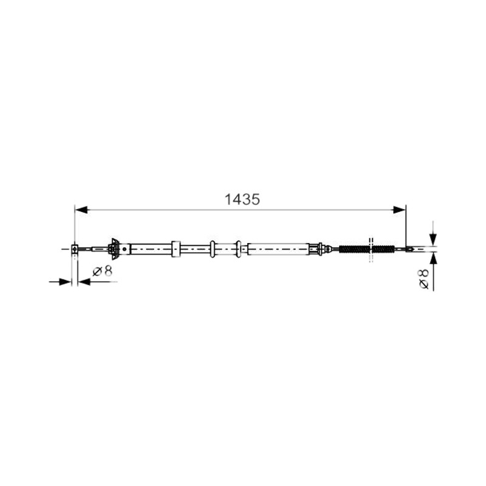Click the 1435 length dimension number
tap(242, 200)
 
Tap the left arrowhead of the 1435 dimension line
tap(81, 210)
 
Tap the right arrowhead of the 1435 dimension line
tap(399, 210)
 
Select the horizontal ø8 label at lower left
tap(103, 272)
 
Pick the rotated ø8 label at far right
tap(423, 279)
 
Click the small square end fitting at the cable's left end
tap(74, 249)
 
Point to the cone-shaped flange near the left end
tap(115, 248)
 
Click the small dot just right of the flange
tap(125, 249)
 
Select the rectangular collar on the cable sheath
tap(176, 249)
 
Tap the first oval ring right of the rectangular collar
tap(212, 249)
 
